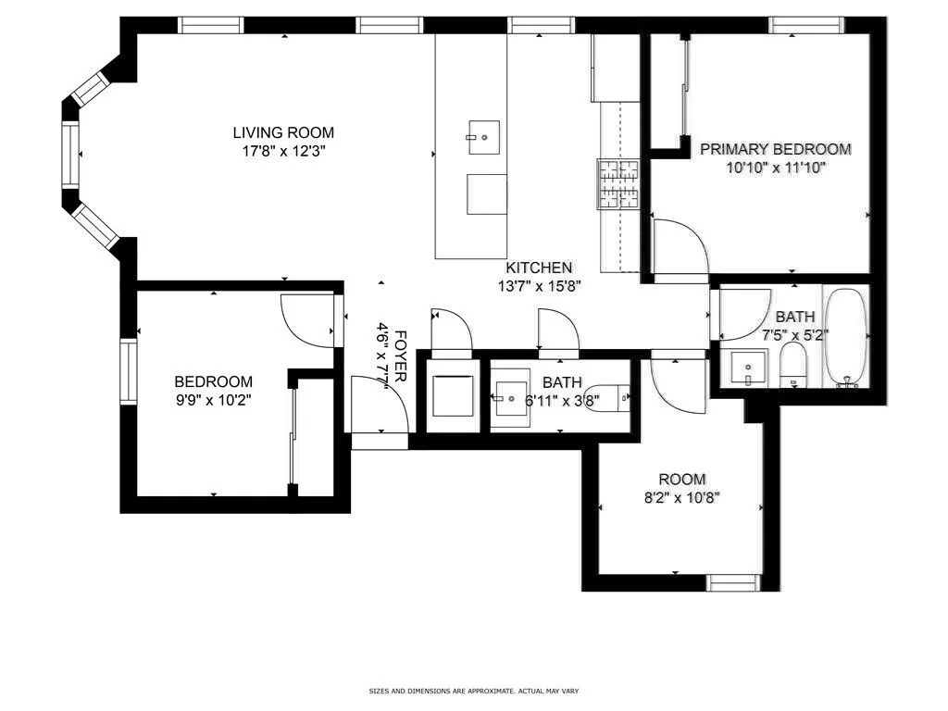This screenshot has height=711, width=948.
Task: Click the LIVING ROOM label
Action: click(283, 132)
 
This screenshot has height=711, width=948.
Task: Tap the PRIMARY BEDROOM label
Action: click(775, 149)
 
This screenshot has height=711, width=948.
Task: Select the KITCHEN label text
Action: click(539, 268)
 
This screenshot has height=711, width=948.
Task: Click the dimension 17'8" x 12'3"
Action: click(283, 150)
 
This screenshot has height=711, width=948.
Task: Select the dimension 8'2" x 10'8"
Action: click(682, 497)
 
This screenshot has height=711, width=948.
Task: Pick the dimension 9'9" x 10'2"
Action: click(214, 400)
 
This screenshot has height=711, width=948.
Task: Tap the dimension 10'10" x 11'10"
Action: click(775, 168)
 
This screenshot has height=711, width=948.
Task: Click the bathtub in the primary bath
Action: click(846, 338)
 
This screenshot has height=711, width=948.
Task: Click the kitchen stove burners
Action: click(618, 183)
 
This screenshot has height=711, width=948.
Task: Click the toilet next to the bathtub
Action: click(794, 367)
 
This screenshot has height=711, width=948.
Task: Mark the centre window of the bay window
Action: click(71, 155)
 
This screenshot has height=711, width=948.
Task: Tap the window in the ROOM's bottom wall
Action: click(733, 582)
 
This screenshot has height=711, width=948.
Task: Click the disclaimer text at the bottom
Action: click(473, 691)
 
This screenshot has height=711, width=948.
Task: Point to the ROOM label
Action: click(682, 480)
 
